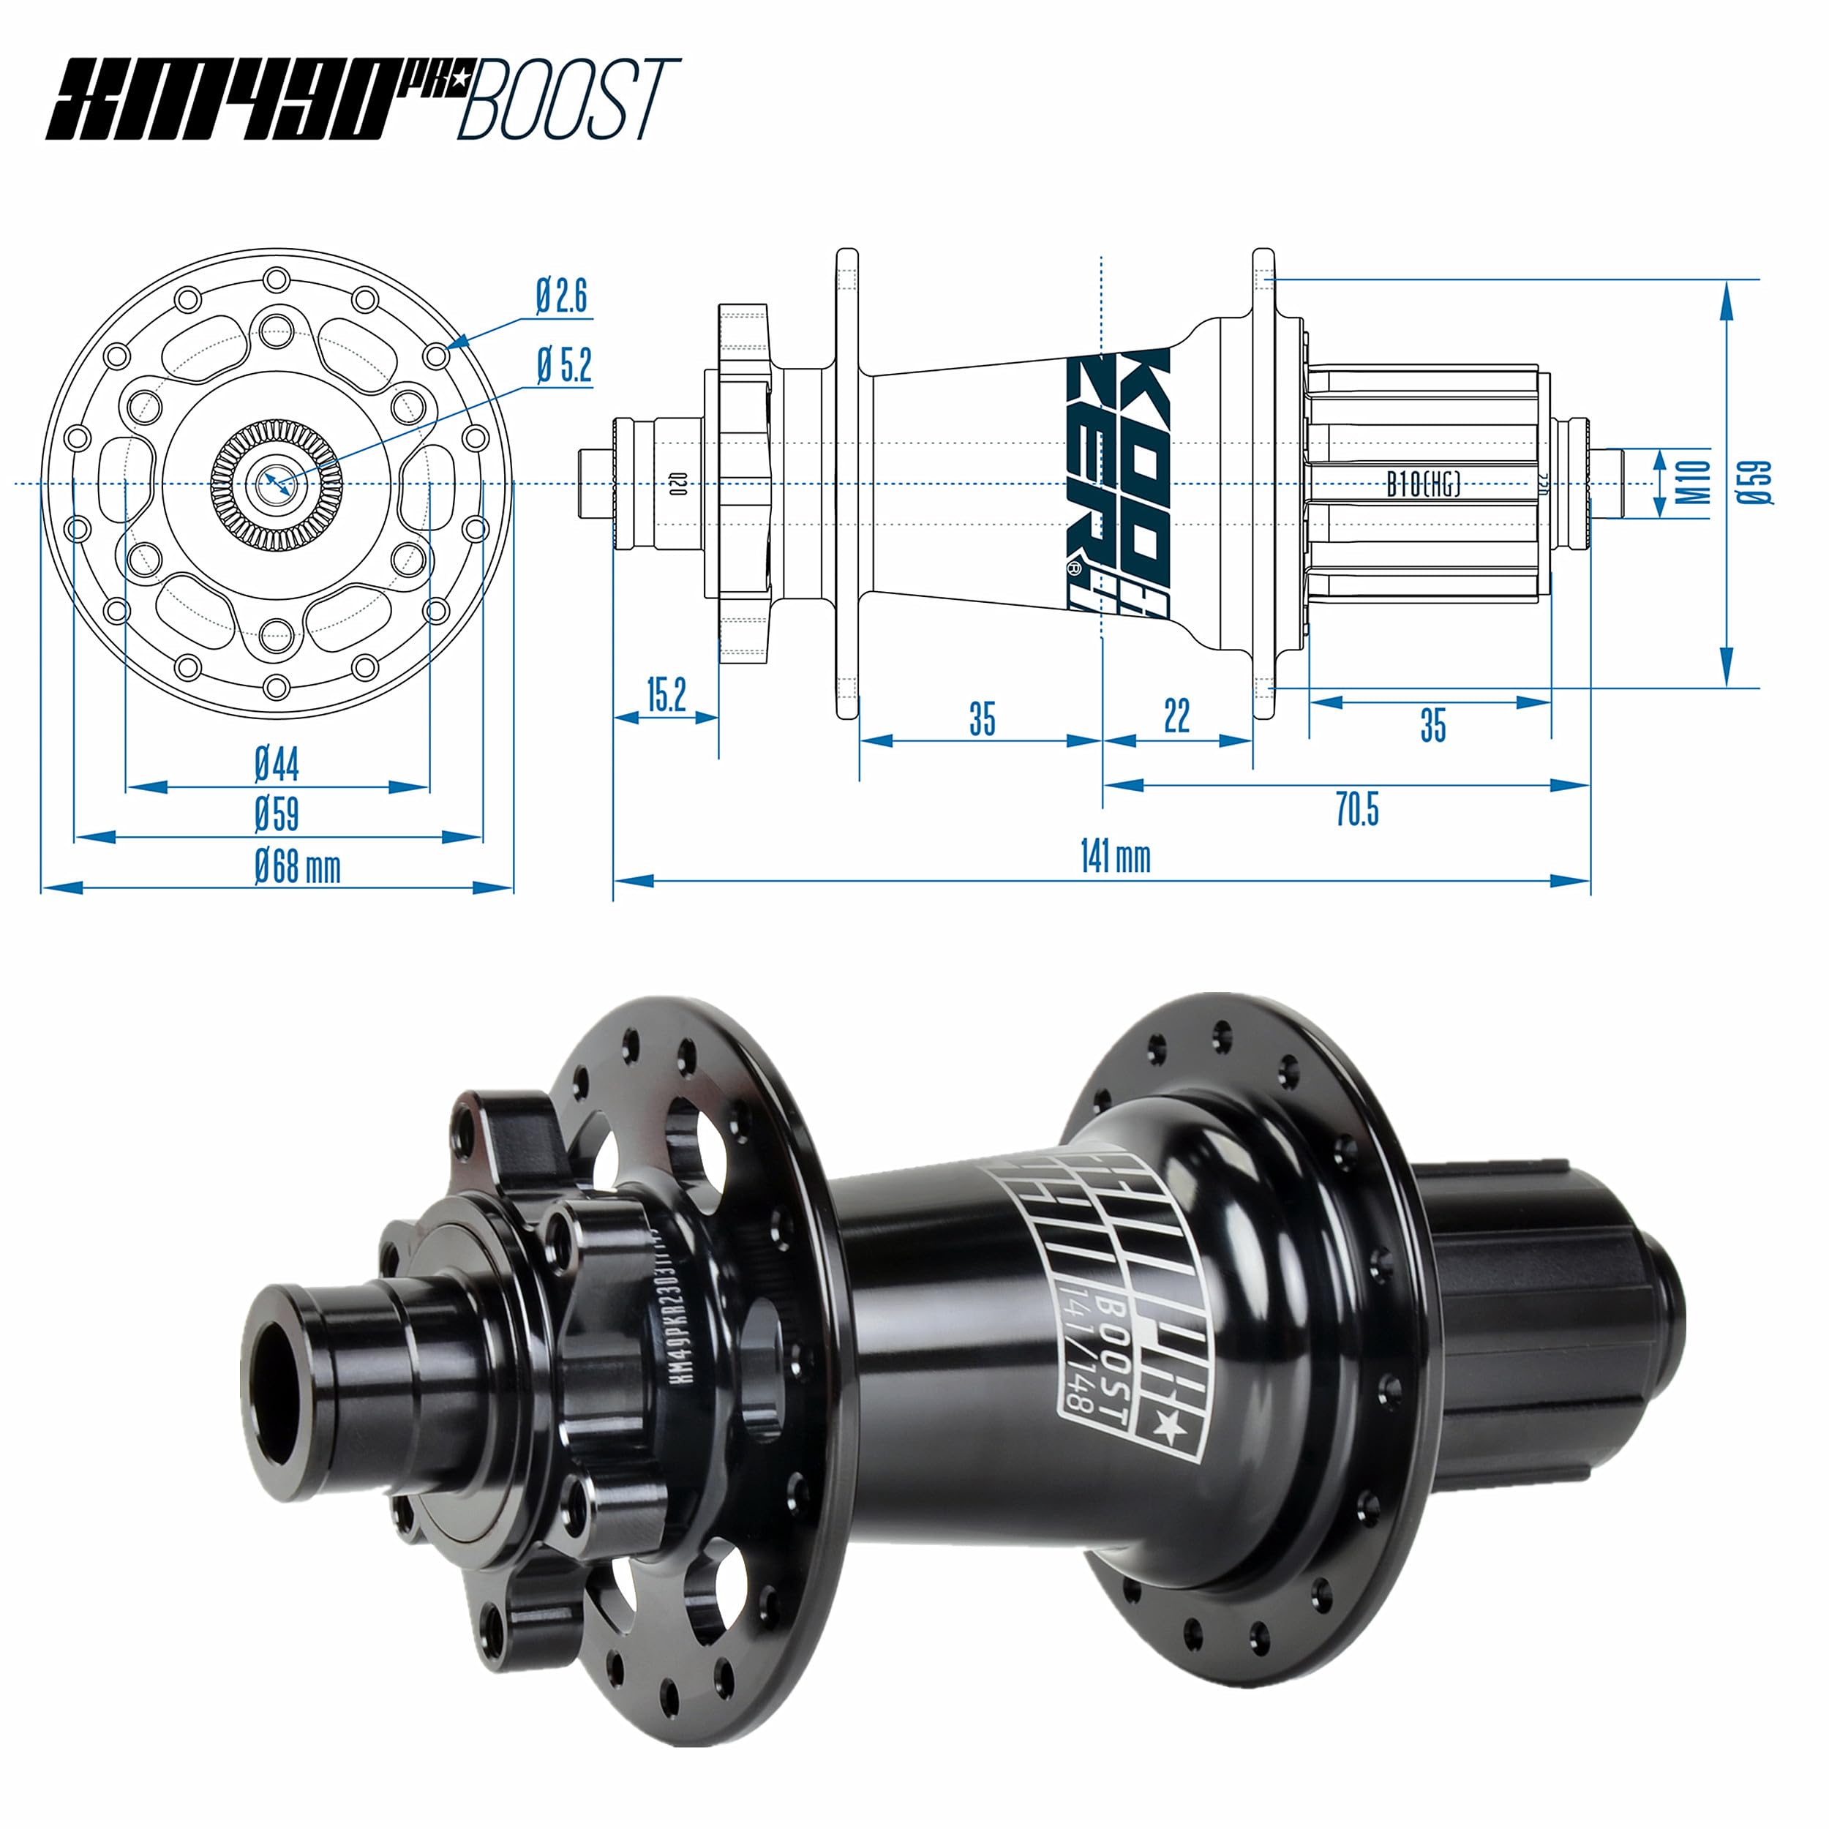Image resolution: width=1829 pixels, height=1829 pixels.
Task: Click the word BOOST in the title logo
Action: coord(568,99)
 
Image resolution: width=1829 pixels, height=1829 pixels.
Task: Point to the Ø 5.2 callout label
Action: coord(564,365)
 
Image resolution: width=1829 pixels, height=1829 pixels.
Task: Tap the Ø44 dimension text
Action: coord(277,764)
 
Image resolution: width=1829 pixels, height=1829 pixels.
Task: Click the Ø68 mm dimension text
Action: coord(296,867)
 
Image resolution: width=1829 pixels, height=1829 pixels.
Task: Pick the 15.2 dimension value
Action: coord(666,696)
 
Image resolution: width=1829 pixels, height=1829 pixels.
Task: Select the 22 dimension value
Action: coord(1176,717)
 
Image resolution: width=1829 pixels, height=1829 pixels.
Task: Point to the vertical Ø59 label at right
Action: coord(1754,483)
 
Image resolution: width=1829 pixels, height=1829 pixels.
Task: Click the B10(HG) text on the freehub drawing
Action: coord(1423,485)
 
